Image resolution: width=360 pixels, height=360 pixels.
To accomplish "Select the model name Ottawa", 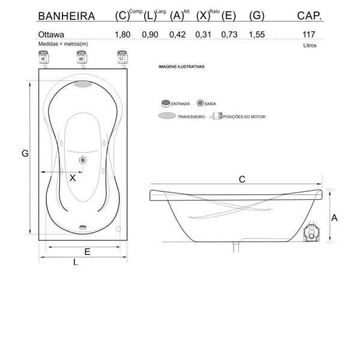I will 51,35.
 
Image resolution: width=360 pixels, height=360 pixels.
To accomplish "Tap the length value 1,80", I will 123,35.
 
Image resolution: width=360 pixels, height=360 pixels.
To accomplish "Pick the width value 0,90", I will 150,35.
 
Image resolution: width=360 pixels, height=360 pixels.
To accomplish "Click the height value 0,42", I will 178,35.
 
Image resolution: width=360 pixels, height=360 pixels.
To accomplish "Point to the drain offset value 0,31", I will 203,35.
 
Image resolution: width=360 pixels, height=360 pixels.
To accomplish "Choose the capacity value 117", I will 310,35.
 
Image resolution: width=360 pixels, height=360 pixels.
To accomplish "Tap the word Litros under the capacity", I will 310,45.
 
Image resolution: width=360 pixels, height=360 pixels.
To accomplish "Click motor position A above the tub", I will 43,58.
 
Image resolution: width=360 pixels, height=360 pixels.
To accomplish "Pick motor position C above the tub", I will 121,58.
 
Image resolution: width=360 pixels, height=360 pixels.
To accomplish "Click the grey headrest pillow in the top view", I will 83,84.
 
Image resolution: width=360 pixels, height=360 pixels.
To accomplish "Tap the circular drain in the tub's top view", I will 83,160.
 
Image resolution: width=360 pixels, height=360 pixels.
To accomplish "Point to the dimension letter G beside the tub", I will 25,154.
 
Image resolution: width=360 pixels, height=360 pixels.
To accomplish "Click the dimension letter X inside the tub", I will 73,178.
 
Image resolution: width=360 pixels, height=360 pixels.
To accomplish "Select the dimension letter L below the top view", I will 76,262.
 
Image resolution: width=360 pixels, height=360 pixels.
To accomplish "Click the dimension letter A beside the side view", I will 334,218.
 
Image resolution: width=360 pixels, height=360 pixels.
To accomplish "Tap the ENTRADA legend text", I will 181,104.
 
